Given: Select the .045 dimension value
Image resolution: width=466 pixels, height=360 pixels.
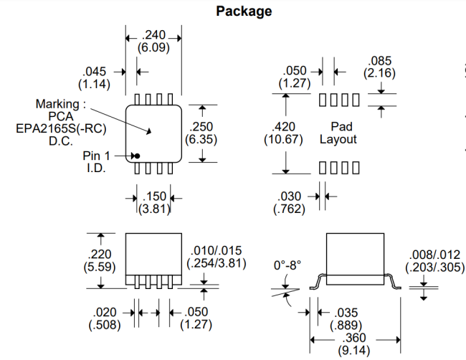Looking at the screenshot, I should [x=95, y=72].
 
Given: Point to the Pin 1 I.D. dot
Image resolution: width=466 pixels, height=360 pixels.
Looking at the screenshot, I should [x=136, y=156].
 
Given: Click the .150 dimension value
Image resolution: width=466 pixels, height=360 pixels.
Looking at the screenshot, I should [x=156, y=196].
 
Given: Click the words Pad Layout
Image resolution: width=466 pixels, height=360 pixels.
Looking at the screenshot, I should [x=338, y=133].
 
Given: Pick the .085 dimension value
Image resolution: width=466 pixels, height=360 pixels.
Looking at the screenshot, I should [x=379, y=61].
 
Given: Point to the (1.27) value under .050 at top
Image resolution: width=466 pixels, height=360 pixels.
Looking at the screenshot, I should [x=294, y=83].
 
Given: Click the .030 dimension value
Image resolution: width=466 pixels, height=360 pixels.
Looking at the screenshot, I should [x=290, y=196].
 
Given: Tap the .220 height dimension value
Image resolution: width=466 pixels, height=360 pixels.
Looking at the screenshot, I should [x=99, y=254].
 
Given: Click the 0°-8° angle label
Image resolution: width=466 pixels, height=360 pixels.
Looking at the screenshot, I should [x=287, y=265].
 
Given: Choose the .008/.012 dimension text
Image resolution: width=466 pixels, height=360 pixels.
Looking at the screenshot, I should [x=433, y=255].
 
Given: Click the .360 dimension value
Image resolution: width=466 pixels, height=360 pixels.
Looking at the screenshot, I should [x=354, y=338].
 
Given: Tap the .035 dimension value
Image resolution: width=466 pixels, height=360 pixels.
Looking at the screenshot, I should [x=347, y=313].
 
